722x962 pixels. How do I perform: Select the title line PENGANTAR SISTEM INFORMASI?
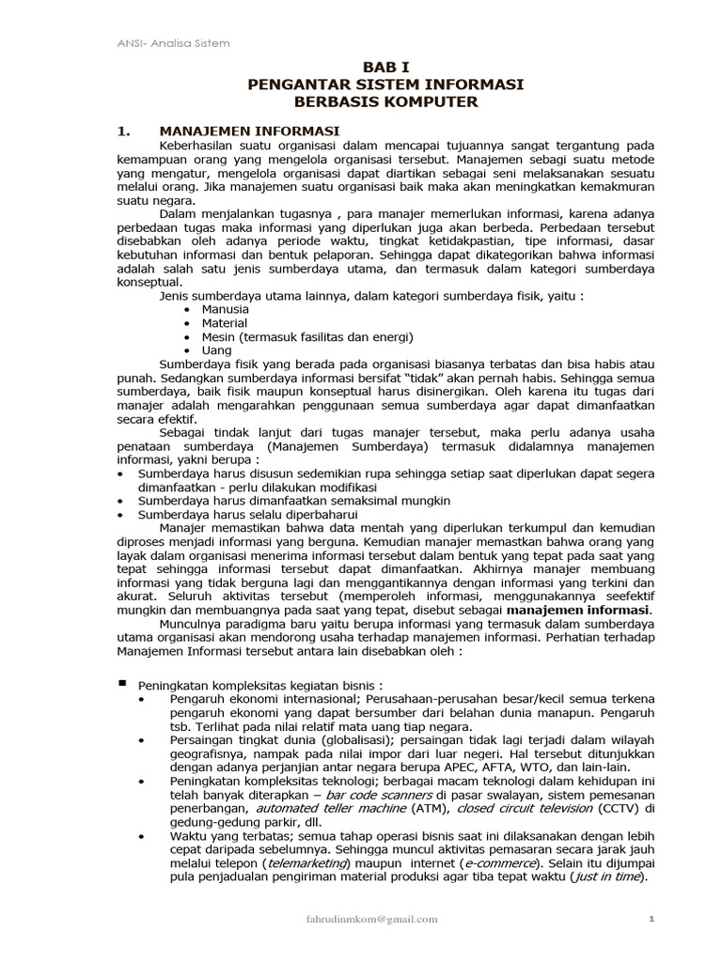(x=385, y=85)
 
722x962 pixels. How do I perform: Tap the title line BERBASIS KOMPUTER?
(x=385, y=101)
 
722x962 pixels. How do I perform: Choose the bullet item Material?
(x=226, y=323)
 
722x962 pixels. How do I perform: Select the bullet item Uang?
(x=217, y=349)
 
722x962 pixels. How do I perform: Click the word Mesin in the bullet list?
(x=222, y=336)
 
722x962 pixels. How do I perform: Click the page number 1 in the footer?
(x=651, y=920)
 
